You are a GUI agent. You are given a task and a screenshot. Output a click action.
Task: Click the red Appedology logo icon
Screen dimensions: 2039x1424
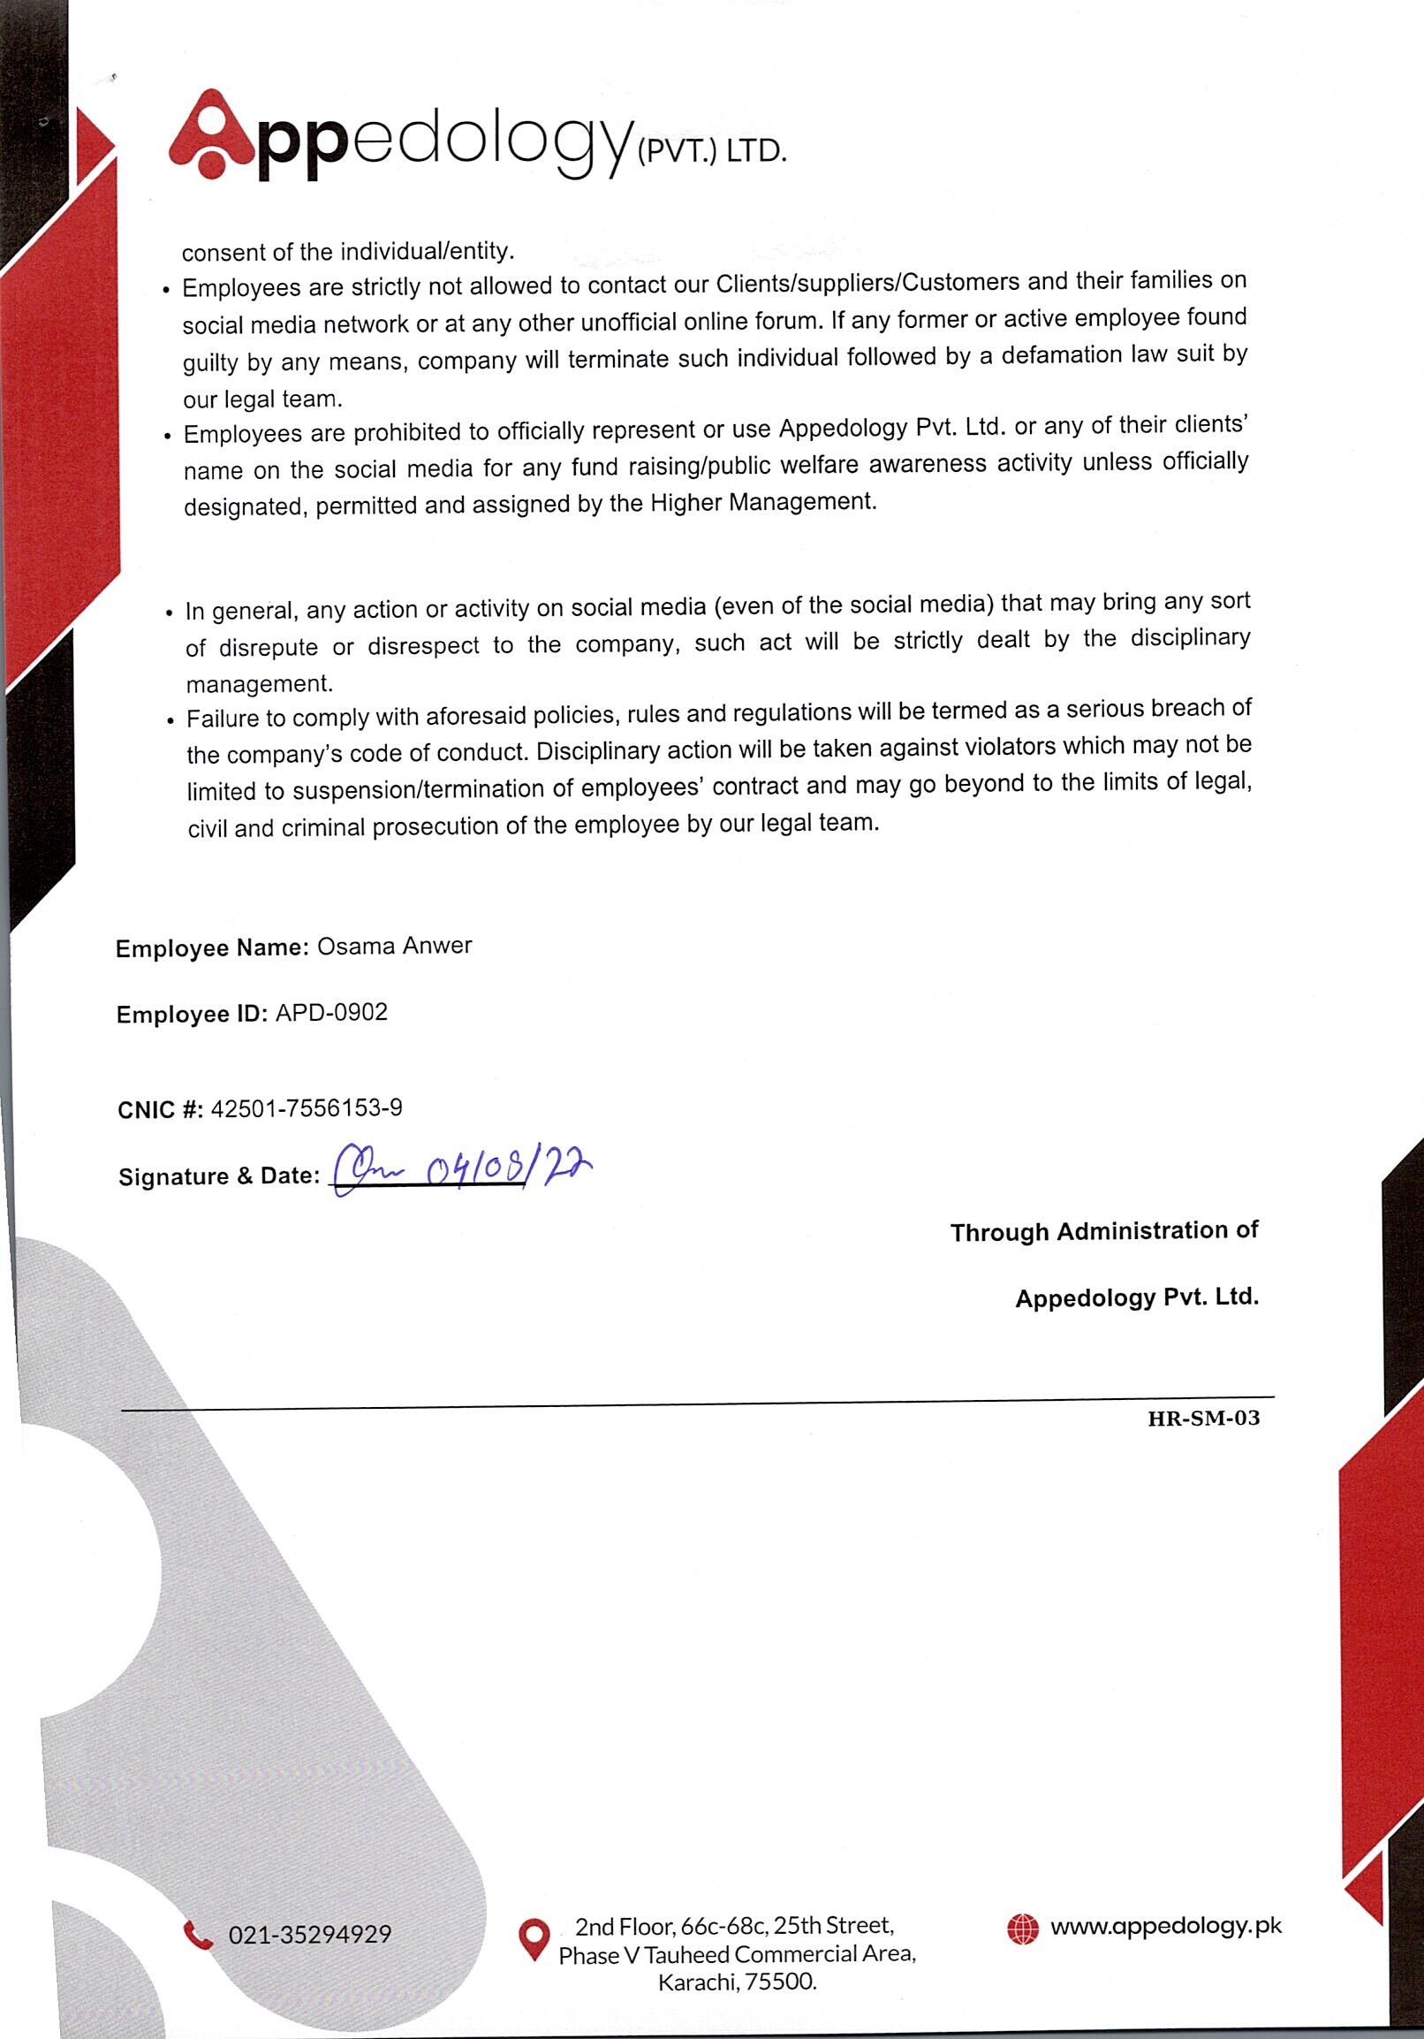pos(211,135)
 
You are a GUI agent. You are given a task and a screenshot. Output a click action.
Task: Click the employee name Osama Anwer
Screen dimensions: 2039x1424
pos(394,946)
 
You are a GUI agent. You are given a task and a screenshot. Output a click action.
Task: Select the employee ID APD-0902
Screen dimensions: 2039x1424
pos(331,1012)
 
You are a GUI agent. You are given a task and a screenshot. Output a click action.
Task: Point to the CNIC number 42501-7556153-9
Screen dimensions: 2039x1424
pos(307,1107)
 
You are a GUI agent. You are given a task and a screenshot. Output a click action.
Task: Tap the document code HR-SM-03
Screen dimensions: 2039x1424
pos(1203,1418)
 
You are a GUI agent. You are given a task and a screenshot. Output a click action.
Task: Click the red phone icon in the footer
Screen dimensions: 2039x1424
pos(197,1934)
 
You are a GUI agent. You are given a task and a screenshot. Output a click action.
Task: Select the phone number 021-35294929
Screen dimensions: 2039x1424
pos(310,1934)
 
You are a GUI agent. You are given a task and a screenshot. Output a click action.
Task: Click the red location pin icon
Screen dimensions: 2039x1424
pos(533,1939)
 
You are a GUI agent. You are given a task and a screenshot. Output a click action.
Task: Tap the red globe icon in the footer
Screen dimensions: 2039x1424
pos(1022,1929)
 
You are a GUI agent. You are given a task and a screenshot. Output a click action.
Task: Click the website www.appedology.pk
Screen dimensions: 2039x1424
pos(1166,1925)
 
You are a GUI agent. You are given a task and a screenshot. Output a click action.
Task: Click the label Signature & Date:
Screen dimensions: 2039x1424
pos(218,1176)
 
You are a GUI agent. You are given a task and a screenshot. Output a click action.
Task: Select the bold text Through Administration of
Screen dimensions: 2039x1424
pos(1103,1231)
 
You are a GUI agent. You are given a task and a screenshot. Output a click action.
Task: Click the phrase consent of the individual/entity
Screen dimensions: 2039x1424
pos(348,251)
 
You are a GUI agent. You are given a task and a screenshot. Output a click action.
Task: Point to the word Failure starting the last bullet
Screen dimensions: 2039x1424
pos(223,718)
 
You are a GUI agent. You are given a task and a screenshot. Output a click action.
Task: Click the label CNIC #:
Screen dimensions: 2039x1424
pos(160,1110)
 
